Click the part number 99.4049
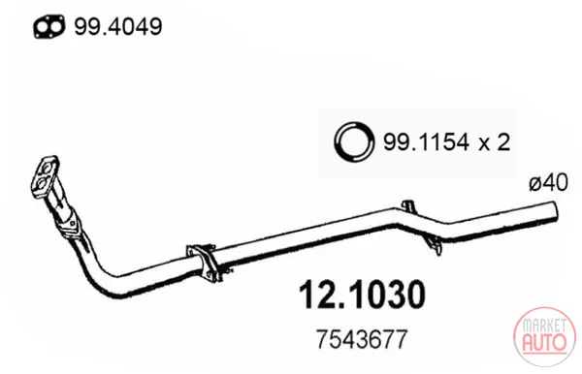click(x=118, y=27)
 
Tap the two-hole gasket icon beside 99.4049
click(x=49, y=26)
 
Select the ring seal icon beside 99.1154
click(x=354, y=141)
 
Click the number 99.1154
click(x=426, y=142)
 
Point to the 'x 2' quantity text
click(x=495, y=142)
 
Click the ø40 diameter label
click(x=549, y=183)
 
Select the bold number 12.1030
click(x=362, y=295)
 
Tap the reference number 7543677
click(x=362, y=339)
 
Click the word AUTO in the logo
click(x=544, y=342)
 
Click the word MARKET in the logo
click(x=544, y=326)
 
